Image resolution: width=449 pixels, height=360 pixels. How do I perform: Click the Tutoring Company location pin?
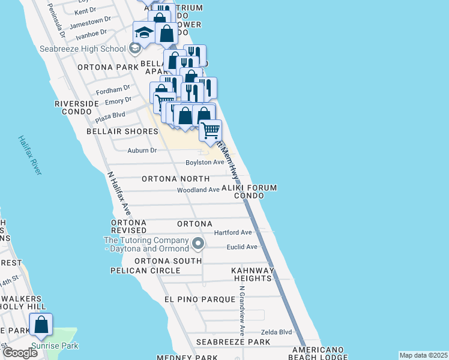click(199, 243)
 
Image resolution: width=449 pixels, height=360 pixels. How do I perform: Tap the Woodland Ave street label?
click(198, 190)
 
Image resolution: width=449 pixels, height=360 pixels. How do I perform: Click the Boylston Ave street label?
click(205, 163)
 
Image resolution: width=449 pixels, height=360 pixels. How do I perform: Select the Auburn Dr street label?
click(142, 151)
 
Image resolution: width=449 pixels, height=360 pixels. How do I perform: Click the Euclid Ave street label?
click(242, 247)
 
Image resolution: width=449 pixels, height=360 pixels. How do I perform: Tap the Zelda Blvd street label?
click(276, 332)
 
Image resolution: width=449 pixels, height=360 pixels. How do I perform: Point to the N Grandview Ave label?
click(242, 310)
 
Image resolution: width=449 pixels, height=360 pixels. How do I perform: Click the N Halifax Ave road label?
click(119, 194)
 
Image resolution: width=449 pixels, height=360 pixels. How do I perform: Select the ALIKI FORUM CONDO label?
click(249, 191)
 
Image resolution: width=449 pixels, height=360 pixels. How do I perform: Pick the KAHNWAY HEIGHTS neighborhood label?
click(253, 274)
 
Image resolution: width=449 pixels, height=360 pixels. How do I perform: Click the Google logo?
click(20, 353)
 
